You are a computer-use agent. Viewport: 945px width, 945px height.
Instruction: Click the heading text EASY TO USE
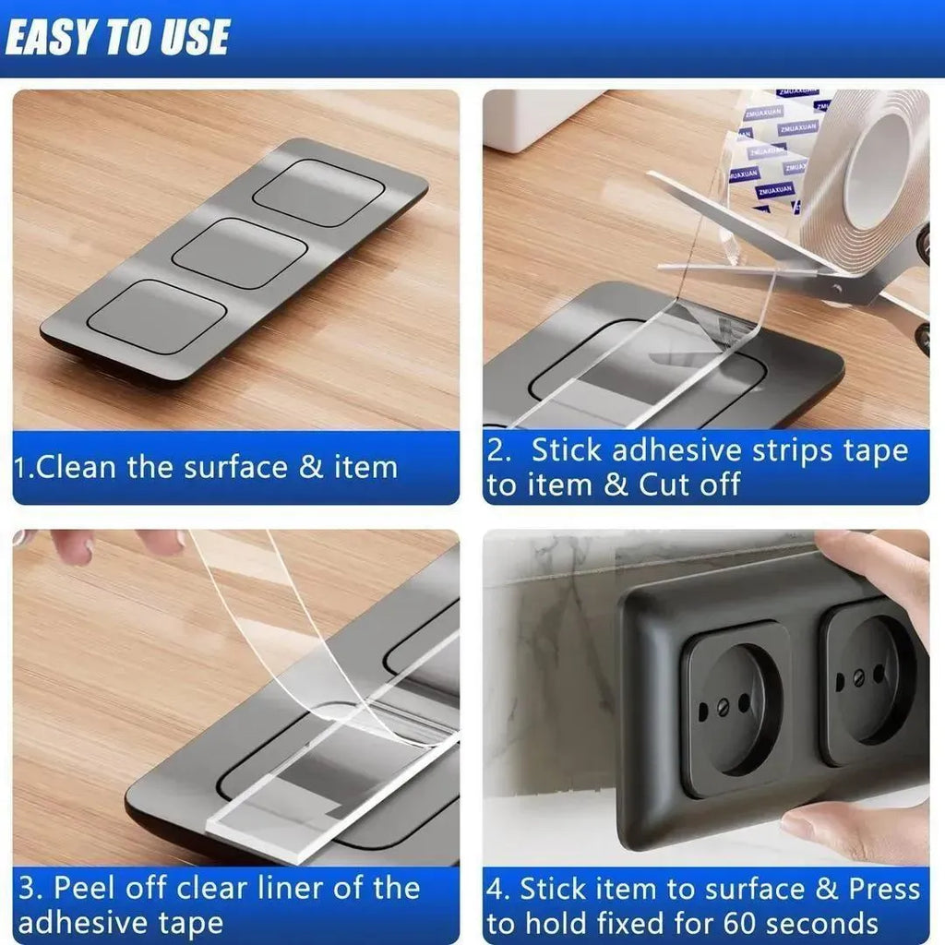pyautogui.click(x=117, y=37)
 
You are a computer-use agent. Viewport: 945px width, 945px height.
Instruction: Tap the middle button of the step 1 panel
pyautogui.click(x=240, y=253)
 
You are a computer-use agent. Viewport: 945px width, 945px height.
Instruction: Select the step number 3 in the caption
pyautogui.click(x=28, y=889)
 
